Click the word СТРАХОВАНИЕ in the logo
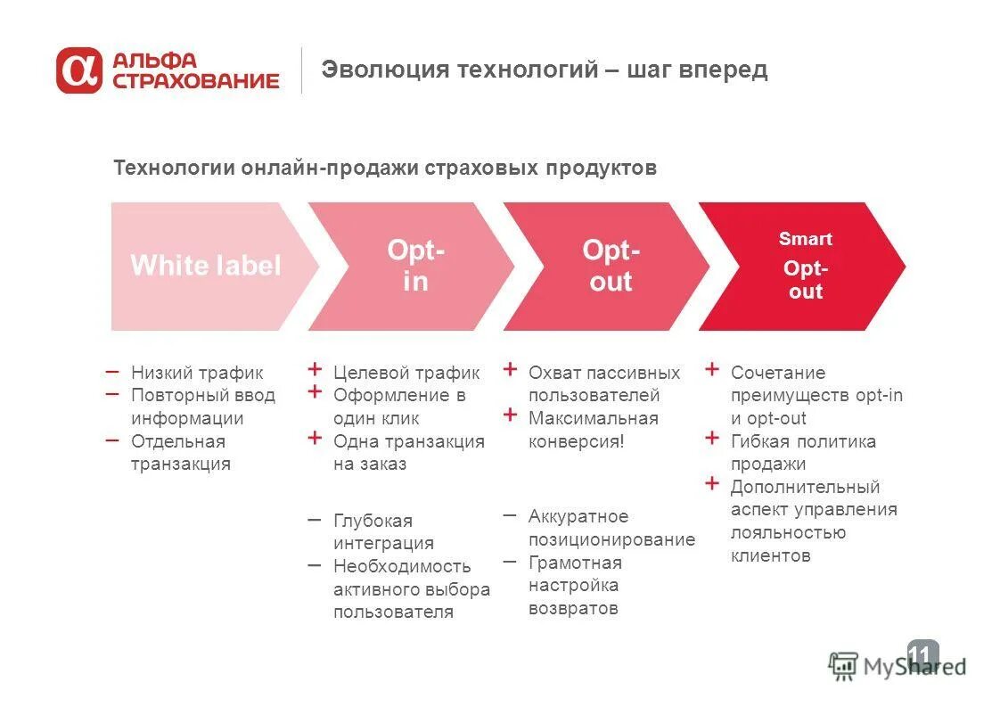click(x=195, y=81)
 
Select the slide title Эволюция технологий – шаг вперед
click(x=544, y=70)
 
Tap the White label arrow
click(x=206, y=266)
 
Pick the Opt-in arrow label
click(x=414, y=266)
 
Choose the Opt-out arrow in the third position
click(x=610, y=266)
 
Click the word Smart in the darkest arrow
click(x=805, y=239)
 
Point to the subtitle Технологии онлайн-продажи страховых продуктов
click(x=385, y=168)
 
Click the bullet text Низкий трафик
click(x=197, y=373)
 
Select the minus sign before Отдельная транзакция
click(x=111, y=440)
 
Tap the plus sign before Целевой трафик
click(x=315, y=369)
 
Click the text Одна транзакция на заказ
click(x=408, y=452)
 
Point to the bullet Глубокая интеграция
click(x=383, y=531)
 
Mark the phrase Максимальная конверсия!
click(x=593, y=430)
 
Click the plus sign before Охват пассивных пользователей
click(x=510, y=369)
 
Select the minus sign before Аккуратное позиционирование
click(x=510, y=515)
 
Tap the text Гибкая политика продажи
click(x=802, y=452)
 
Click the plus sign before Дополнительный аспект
click(x=711, y=483)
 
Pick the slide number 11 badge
click(x=922, y=656)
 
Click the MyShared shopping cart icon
click(x=842, y=666)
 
